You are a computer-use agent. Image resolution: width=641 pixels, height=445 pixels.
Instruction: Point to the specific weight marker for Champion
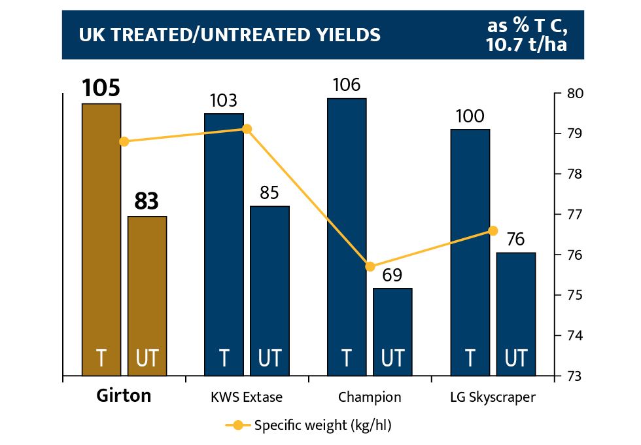370,266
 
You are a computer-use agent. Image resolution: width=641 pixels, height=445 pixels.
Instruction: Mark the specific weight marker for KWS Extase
247,129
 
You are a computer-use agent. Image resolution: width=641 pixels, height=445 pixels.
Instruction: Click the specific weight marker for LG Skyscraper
493,230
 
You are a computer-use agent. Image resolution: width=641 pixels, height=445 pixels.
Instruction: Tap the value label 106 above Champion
347,85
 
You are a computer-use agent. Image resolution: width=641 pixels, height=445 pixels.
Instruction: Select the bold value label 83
147,202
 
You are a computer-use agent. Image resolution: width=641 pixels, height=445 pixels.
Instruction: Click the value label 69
392,275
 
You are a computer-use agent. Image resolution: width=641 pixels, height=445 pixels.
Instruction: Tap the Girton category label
124,396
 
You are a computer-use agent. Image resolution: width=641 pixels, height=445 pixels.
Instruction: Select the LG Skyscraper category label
493,397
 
